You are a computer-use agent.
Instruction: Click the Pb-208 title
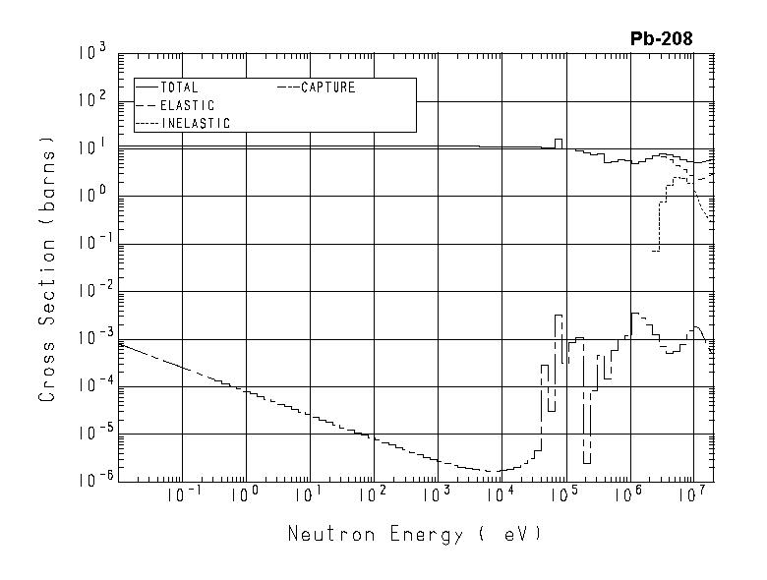coord(661,39)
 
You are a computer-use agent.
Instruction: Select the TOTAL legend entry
coord(178,87)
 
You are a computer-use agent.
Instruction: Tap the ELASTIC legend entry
coord(187,105)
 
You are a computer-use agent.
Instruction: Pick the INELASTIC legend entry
coord(195,124)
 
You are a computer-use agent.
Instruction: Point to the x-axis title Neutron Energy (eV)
coord(414,535)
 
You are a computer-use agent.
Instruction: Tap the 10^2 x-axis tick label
coord(372,493)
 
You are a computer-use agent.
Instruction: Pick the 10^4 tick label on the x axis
coord(500,493)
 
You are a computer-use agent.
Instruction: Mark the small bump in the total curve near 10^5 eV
coord(559,143)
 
